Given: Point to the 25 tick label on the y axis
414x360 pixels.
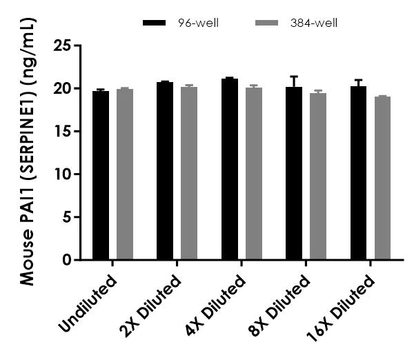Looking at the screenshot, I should click(x=66, y=46).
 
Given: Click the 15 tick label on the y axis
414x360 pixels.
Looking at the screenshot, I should click(x=66, y=132).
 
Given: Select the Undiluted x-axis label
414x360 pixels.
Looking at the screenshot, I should click(x=88, y=304).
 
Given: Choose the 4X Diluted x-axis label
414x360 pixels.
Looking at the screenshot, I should click(x=217, y=305).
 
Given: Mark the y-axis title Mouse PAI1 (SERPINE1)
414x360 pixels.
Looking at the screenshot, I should click(x=27, y=152).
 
